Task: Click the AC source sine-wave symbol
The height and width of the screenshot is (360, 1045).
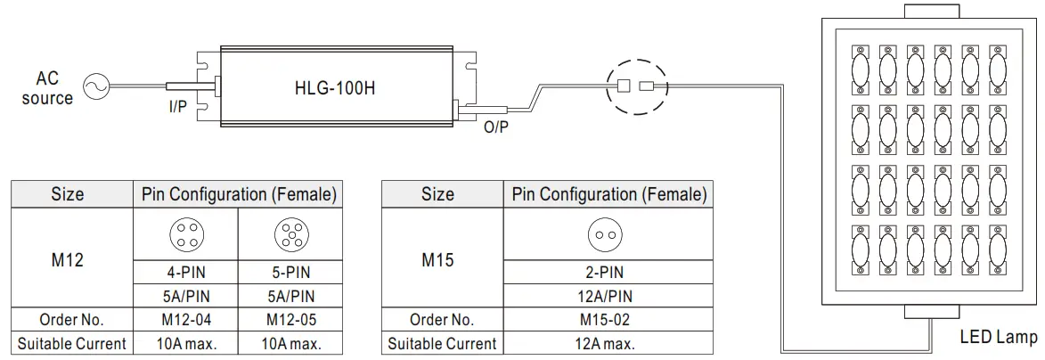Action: point(94,86)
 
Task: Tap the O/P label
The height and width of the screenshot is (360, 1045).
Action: point(496,127)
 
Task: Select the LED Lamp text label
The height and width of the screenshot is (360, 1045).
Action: point(998,338)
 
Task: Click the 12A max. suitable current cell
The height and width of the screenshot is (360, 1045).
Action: point(609,343)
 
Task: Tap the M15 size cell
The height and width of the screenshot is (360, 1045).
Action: point(437,260)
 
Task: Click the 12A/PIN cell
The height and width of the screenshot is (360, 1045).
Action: point(609,296)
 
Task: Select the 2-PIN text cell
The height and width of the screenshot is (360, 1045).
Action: point(609,273)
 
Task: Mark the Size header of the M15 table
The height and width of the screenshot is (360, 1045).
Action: point(437,194)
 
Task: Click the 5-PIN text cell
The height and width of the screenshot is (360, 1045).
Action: point(290,273)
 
